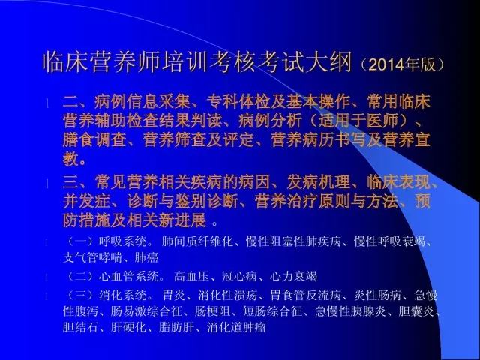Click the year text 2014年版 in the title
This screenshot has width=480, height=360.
point(402,64)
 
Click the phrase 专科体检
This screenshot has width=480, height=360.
point(238,101)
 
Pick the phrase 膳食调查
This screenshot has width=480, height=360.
point(94,140)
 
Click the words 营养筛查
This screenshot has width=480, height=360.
point(175,140)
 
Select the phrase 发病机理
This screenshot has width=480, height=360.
point(318,182)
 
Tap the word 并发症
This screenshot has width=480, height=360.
point(87,202)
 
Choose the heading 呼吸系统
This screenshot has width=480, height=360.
point(123,241)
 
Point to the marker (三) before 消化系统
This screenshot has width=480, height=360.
point(80,295)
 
